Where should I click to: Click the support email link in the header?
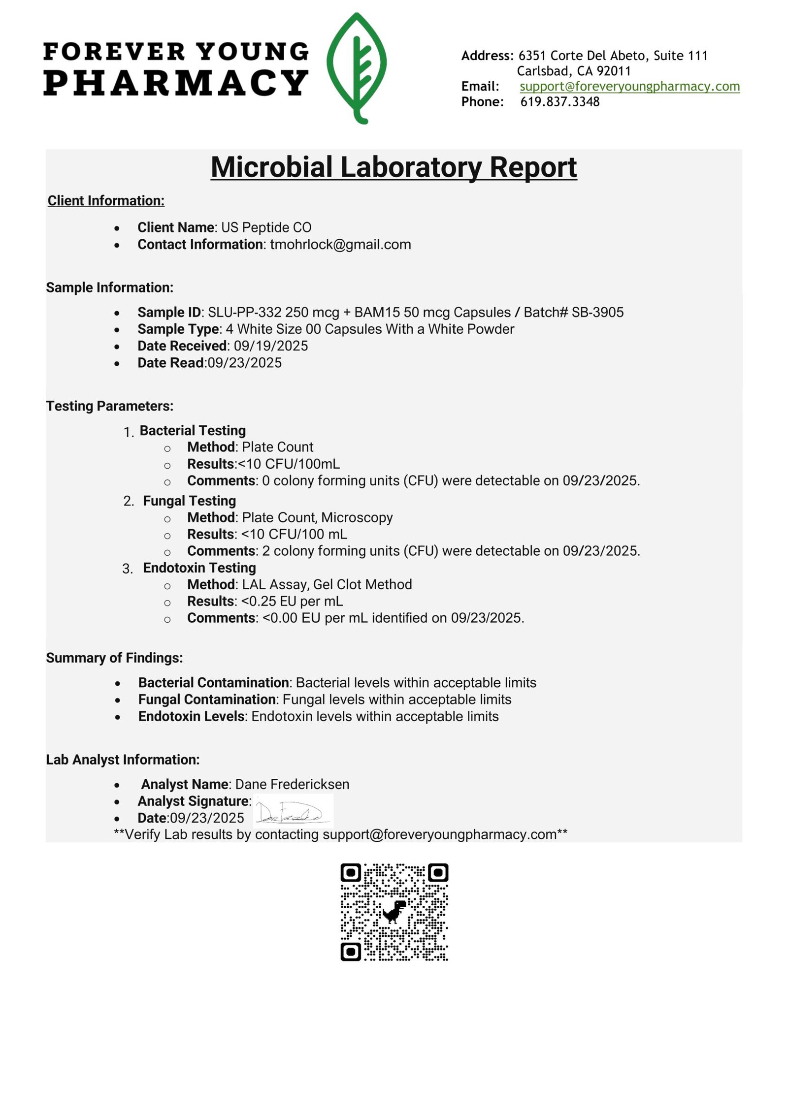click(x=629, y=87)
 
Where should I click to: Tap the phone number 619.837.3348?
click(x=560, y=102)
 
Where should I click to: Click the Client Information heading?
click(x=106, y=201)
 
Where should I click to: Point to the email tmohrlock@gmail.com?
click(x=340, y=245)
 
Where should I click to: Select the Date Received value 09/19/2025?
click(x=271, y=346)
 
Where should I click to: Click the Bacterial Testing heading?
click(x=193, y=431)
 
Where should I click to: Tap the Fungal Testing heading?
click(x=190, y=501)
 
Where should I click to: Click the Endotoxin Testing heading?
click(x=199, y=568)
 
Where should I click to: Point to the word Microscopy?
click(x=357, y=518)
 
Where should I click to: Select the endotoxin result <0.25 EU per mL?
click(x=292, y=602)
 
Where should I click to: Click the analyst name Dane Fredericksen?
click(x=293, y=785)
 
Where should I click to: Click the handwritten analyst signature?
click(x=293, y=812)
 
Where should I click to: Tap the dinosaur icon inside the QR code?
click(x=394, y=911)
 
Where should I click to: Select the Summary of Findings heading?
click(x=114, y=658)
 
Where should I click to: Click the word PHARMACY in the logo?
click(x=176, y=83)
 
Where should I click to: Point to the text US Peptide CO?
click(x=266, y=227)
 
